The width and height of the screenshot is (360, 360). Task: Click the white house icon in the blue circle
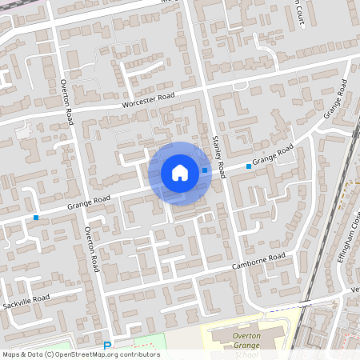(179, 172)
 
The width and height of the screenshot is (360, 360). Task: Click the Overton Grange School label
(248, 342)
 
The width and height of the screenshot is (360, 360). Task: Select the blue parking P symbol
(108, 346)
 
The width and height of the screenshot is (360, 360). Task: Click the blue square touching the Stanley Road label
(205, 170)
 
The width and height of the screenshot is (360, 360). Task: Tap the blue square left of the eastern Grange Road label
(249, 166)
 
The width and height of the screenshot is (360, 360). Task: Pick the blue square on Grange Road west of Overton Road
(36, 217)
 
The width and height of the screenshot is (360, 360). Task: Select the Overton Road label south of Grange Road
(91, 248)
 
